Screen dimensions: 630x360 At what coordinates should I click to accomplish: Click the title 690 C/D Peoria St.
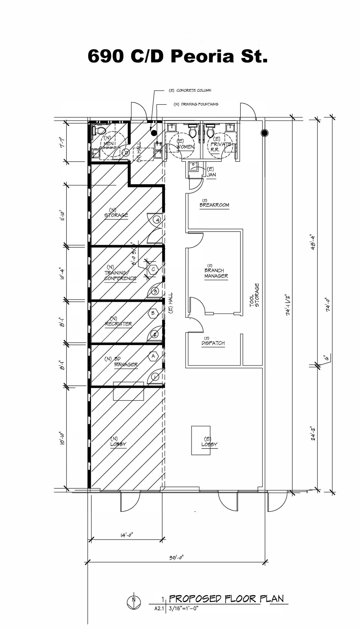(178, 56)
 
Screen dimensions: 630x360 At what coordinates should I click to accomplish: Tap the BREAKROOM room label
(214, 205)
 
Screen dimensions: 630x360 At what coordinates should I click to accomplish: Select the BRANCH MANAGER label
(216, 273)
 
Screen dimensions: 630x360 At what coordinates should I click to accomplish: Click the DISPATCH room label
(213, 343)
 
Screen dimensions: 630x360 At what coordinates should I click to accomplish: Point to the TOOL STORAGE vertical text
(254, 295)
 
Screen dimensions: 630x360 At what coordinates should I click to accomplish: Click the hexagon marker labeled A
(153, 356)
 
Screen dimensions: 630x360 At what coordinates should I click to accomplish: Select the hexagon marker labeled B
(153, 313)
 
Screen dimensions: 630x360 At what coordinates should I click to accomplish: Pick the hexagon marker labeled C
(153, 269)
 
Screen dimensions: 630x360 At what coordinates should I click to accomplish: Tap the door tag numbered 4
(157, 220)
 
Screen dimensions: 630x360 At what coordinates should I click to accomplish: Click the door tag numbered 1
(155, 377)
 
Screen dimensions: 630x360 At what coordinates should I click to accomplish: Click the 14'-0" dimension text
(126, 535)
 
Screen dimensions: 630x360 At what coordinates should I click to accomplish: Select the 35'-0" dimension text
(177, 558)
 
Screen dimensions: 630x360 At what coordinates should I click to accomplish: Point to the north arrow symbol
(134, 600)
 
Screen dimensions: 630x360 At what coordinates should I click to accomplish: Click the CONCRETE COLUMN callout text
(190, 90)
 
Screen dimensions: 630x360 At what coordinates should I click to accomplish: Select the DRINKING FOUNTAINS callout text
(196, 104)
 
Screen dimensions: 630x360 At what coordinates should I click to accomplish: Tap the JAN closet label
(211, 174)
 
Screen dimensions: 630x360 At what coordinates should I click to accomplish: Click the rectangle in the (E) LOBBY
(201, 440)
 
